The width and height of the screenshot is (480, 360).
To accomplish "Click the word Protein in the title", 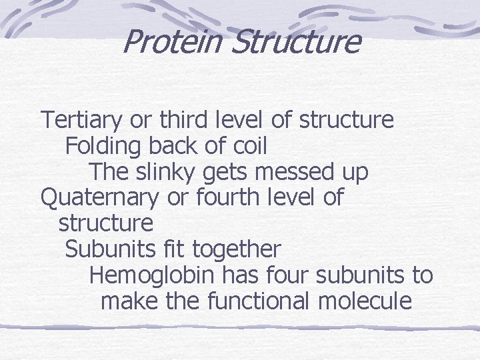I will [172, 41].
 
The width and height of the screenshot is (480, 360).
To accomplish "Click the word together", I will [237, 250].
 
